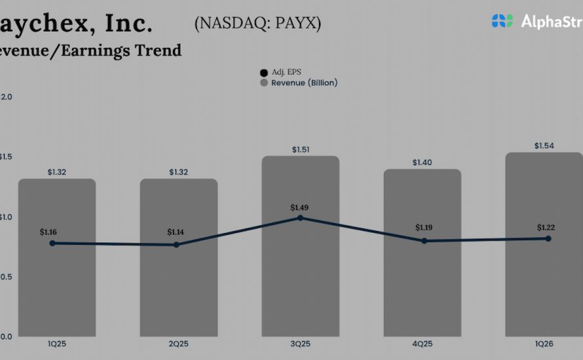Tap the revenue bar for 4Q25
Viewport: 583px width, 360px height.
pos(423,288)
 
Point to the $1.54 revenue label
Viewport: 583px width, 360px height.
pos(544,145)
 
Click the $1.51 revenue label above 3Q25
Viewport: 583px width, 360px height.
pos(301,149)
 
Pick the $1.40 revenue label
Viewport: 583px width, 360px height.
pos(423,162)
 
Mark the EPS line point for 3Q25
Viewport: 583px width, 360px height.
pos(301,217)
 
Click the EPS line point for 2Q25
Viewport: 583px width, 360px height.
pos(176,245)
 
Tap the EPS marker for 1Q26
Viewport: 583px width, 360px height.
pos(548,238)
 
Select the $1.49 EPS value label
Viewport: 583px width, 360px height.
pos(300,207)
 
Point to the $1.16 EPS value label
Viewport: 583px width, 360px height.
pos(49,232)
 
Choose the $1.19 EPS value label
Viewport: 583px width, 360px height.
pos(425,228)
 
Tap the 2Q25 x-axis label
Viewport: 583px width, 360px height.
pos(178,342)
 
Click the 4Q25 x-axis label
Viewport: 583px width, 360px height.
pos(422,342)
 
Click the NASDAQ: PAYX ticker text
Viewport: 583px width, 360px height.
pos(257,24)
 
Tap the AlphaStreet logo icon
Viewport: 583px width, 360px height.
pos(502,21)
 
